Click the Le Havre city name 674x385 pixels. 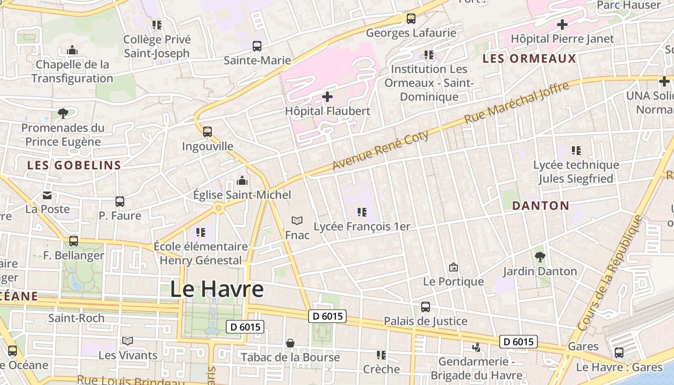pyautogui.click(x=217, y=289)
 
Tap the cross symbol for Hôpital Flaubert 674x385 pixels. pyautogui.click(x=327, y=97)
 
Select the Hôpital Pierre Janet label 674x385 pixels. pyautogui.click(x=562, y=38)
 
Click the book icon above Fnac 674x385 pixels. pyautogui.click(x=297, y=221)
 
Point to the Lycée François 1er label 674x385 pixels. pyautogui.click(x=362, y=226)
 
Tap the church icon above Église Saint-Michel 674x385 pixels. pyautogui.click(x=242, y=180)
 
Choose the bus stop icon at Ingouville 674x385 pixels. pyautogui.click(x=207, y=131)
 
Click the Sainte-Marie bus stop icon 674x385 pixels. pyautogui.click(x=257, y=46)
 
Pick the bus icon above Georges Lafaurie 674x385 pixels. pyautogui.click(x=411, y=19)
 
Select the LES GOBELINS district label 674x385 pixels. pyautogui.click(x=74, y=165)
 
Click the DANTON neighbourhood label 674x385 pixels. pyautogui.click(x=541, y=205)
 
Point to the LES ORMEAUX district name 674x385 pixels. pyautogui.click(x=529, y=59)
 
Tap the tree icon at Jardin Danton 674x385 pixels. pyautogui.click(x=540, y=257)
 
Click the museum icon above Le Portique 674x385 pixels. pyautogui.click(x=453, y=267)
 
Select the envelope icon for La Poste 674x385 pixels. pyautogui.click(x=47, y=195)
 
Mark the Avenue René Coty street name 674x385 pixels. pyautogui.click(x=380, y=150)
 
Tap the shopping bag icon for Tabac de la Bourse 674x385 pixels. pyautogui.click(x=290, y=343)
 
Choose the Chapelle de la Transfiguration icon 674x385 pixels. pyautogui.click(x=72, y=50)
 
